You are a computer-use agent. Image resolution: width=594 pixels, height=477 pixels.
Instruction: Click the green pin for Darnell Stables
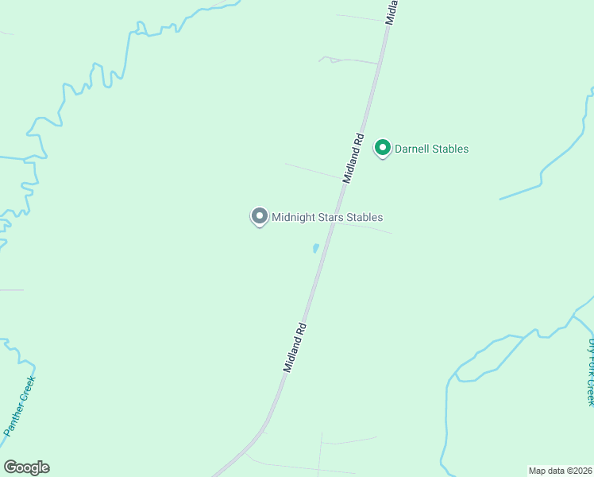(383, 148)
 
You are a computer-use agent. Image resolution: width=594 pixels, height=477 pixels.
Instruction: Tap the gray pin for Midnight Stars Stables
(259, 216)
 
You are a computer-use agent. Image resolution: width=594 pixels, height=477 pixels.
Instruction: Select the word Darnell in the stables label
(413, 149)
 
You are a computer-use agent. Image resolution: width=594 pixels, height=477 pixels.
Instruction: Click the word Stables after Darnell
(451, 149)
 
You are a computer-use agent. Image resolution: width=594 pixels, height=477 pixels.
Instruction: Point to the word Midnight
(294, 217)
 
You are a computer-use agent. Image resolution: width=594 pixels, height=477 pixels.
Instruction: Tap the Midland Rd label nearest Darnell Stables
(353, 159)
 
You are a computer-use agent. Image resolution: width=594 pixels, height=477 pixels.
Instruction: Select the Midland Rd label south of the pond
(295, 347)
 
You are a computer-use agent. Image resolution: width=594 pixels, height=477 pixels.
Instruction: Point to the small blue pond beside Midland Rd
(316, 249)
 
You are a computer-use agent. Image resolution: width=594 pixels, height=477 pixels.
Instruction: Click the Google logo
(26, 467)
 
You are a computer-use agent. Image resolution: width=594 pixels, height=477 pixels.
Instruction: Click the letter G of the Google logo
(10, 467)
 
